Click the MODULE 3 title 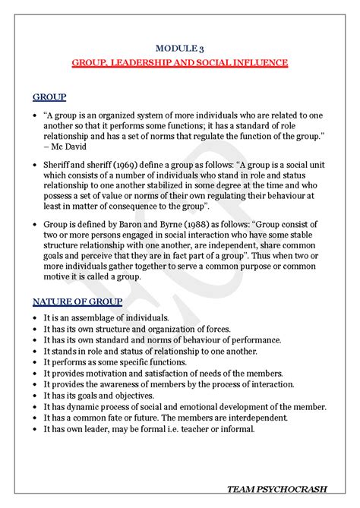pyautogui.click(x=179, y=48)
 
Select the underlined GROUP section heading pyautogui.click(x=49, y=97)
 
